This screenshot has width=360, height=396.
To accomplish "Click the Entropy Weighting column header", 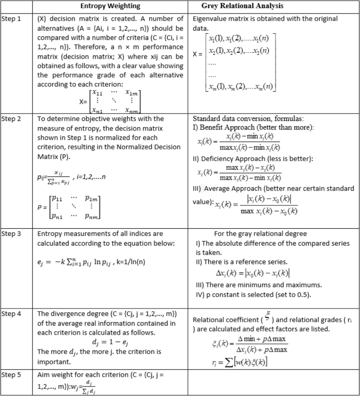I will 109,6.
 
